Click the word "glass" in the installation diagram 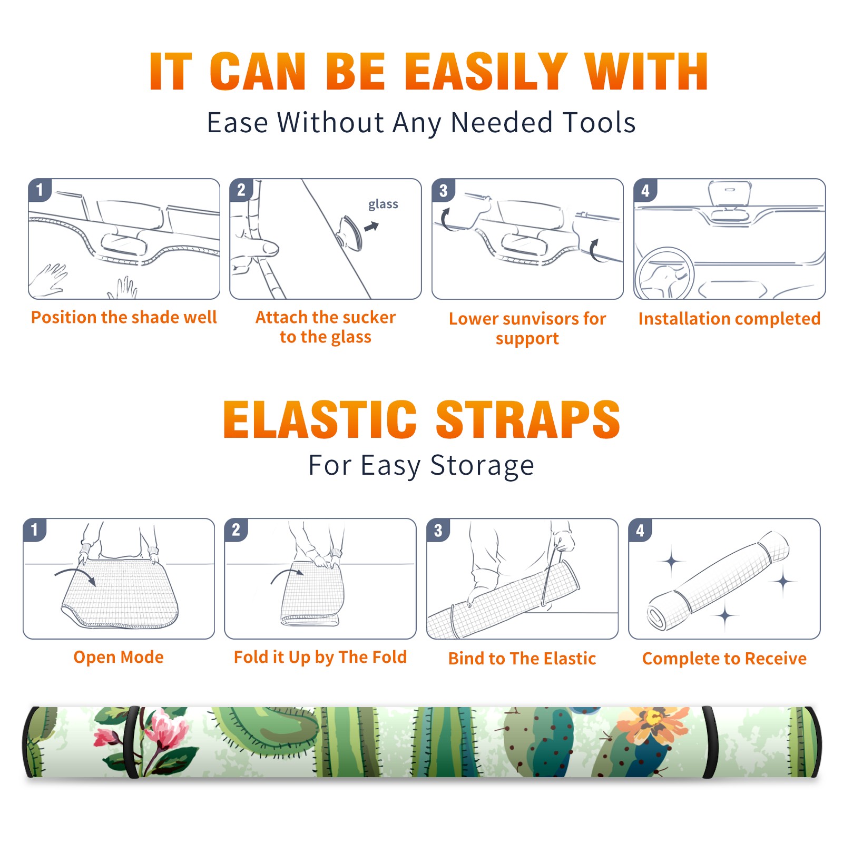click(x=383, y=204)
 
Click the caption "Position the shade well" click(x=124, y=317)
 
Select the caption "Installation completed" click(x=729, y=319)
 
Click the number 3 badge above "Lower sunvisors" click(x=443, y=191)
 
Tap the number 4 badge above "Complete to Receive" click(x=640, y=530)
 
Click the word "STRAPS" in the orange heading click(x=528, y=419)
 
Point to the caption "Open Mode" click(x=119, y=657)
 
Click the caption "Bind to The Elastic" click(x=522, y=659)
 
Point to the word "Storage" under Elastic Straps click(x=482, y=466)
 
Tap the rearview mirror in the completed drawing click(x=730, y=194)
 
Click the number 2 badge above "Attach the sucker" click(x=241, y=190)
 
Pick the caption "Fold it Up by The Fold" click(x=320, y=657)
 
